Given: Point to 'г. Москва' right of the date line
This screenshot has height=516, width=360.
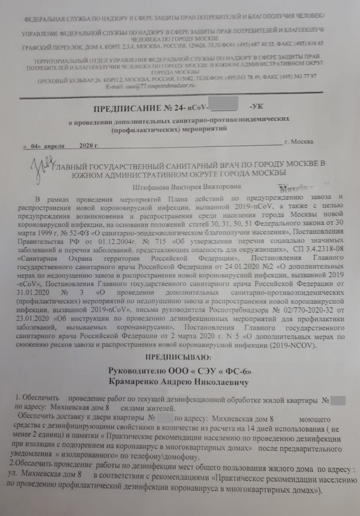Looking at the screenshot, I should [299, 142].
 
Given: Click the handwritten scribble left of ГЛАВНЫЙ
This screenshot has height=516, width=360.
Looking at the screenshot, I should [42, 164].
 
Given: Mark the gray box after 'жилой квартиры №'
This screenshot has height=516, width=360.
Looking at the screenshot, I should [339, 400].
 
